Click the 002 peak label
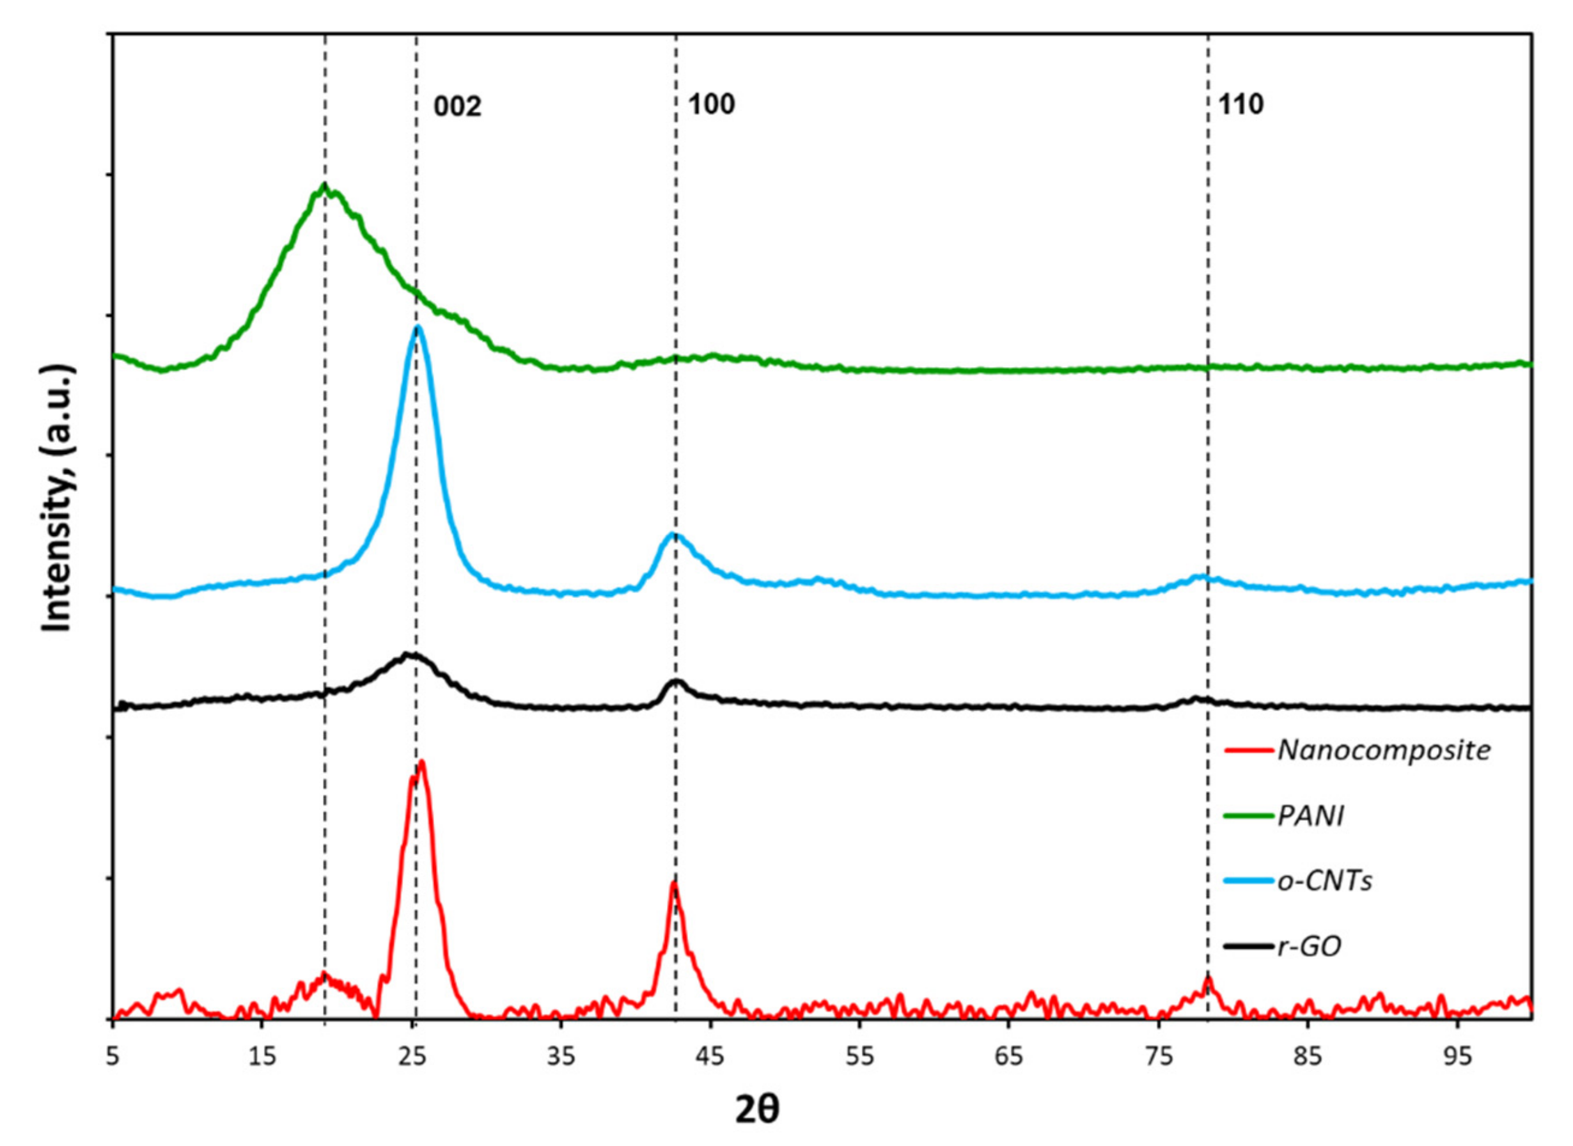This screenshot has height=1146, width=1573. tap(457, 107)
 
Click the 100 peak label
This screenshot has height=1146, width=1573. tap(711, 105)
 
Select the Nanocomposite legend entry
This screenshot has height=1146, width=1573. tap(1384, 750)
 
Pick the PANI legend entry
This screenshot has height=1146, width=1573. tap(1310, 816)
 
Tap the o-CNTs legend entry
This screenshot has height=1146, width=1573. tap(1325, 881)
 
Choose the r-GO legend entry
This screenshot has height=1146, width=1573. tap(1309, 946)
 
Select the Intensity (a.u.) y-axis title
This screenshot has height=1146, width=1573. tap(57, 498)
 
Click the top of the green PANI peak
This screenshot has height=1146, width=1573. tap(324, 185)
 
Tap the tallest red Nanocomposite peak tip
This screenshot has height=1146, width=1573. tap(421, 762)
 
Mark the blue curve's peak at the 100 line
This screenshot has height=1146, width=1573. tap(672, 533)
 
